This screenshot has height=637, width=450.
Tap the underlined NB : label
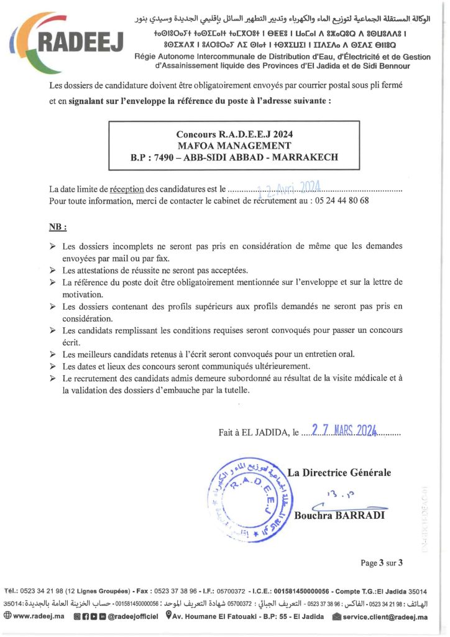pos(58,227)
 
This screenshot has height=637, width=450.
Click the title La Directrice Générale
pos(339,473)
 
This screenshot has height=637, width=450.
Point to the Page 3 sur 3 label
pos(382,563)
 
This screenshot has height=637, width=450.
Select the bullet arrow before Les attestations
pos(53,271)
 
